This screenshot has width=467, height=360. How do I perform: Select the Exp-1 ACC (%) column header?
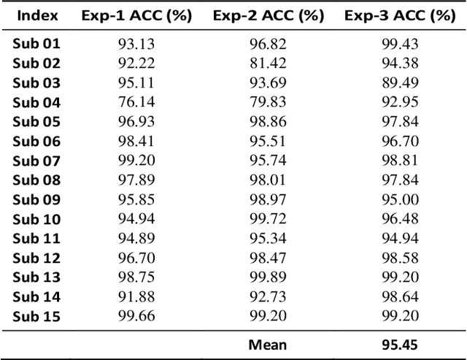click(x=136, y=15)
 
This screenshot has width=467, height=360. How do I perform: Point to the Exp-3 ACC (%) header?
click(x=399, y=15)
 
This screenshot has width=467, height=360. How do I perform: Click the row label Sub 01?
click(x=36, y=44)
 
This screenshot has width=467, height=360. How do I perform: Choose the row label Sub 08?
click(x=36, y=180)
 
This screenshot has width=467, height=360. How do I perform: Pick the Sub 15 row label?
click(x=36, y=316)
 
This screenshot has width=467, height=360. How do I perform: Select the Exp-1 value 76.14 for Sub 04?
click(x=136, y=102)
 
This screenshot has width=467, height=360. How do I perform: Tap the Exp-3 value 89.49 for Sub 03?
click(x=399, y=83)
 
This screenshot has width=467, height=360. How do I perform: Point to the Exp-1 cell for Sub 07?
click(x=136, y=161)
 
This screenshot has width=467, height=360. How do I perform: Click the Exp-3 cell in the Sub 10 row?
click(x=399, y=219)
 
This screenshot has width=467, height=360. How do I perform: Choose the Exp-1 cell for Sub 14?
click(x=136, y=296)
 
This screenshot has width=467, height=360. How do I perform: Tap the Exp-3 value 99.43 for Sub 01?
click(x=399, y=44)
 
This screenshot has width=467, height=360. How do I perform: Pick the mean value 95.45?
click(x=399, y=344)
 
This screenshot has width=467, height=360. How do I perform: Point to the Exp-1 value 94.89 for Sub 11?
click(x=136, y=238)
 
